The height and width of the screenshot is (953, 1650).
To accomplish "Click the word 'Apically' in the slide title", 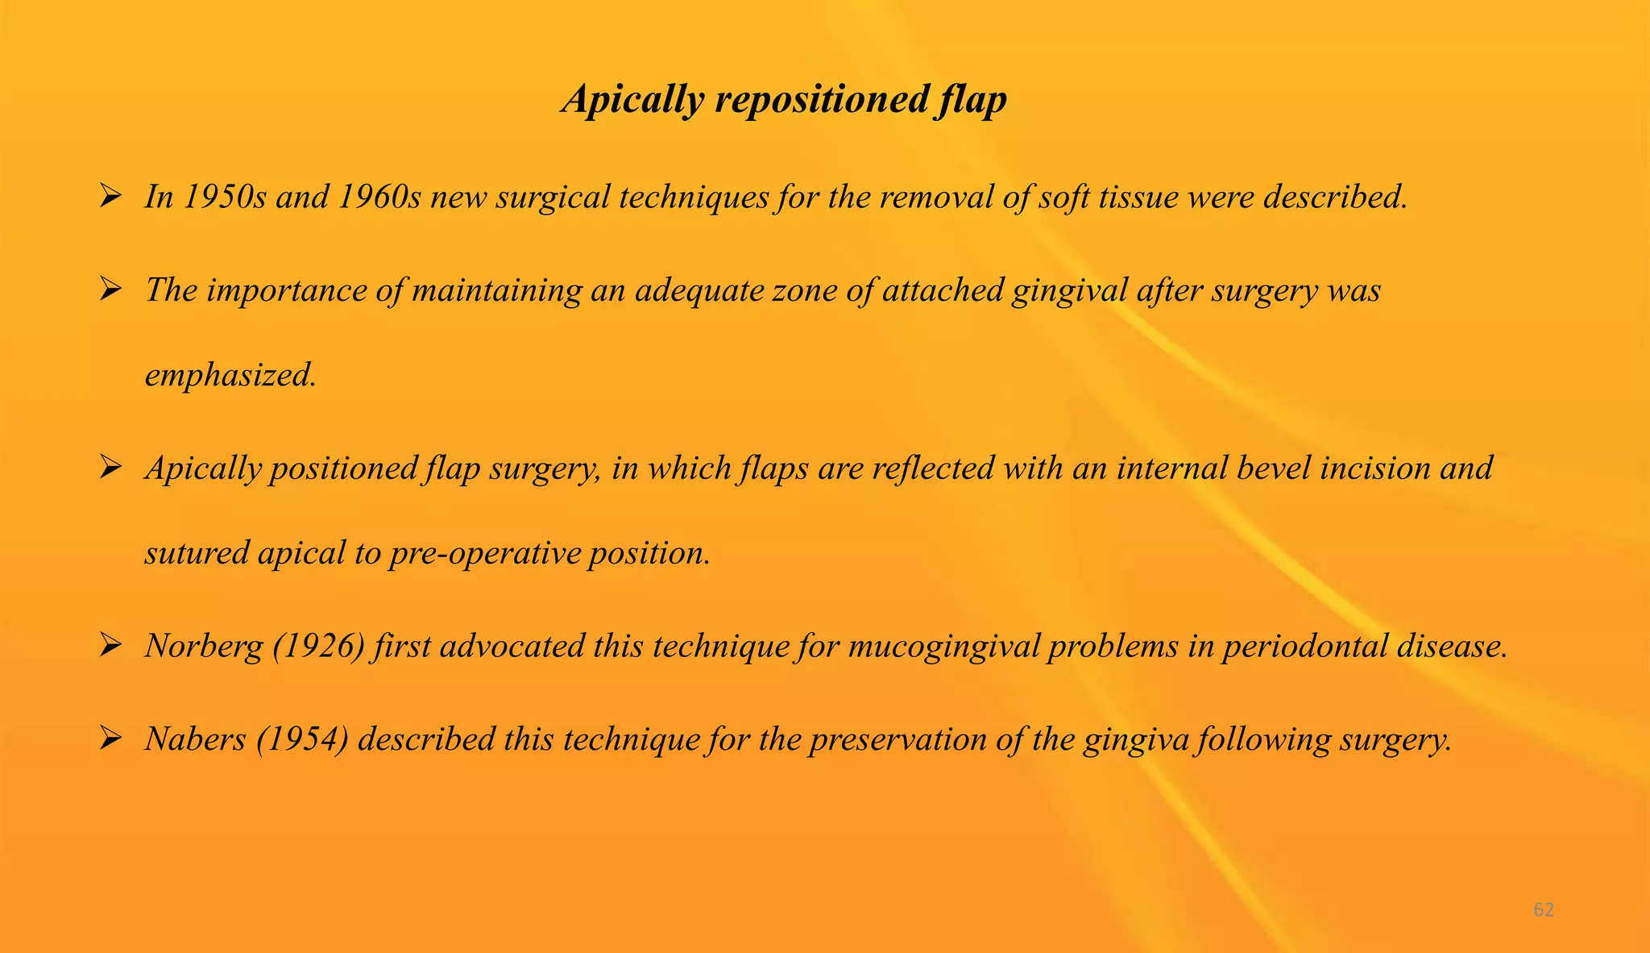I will (x=632, y=100).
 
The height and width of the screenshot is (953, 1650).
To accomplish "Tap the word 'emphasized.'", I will (x=230, y=375).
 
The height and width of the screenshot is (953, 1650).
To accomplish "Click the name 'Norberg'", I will (x=204, y=647).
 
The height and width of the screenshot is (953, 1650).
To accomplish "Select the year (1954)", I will (x=302, y=739).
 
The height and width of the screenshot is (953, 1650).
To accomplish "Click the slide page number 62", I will (x=1543, y=910).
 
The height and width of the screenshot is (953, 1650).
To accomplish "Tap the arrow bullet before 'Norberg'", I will (x=110, y=645).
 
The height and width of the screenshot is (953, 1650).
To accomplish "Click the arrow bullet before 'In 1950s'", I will (x=110, y=196).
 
